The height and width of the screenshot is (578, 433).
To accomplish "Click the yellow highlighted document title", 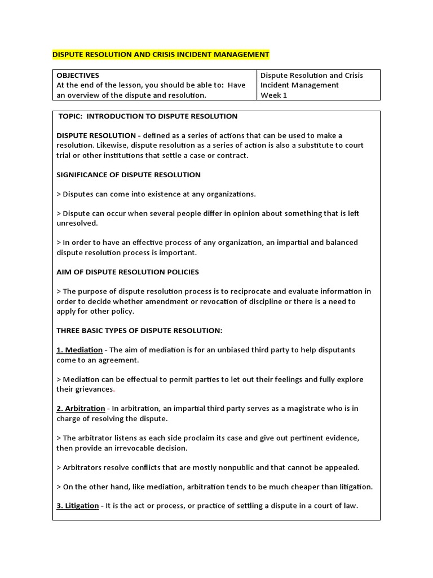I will point(161,55).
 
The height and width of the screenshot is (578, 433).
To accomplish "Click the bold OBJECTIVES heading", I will point(78,75).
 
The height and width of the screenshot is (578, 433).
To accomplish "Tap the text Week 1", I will point(273,95).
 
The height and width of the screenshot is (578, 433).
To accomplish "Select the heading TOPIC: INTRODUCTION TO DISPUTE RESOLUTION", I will point(148,116).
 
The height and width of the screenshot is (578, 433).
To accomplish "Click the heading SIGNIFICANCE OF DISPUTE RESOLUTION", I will point(129,174).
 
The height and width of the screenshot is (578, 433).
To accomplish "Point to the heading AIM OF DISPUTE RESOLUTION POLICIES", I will point(127,272).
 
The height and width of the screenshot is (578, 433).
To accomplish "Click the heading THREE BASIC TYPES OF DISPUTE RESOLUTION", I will point(139,330).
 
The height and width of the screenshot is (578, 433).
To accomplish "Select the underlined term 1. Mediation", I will point(79,350).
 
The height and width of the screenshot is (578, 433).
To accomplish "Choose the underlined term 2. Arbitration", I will point(81,408).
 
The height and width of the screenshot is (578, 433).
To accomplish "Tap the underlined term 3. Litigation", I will point(78,506).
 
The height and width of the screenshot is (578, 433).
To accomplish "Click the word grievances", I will point(94,389).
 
